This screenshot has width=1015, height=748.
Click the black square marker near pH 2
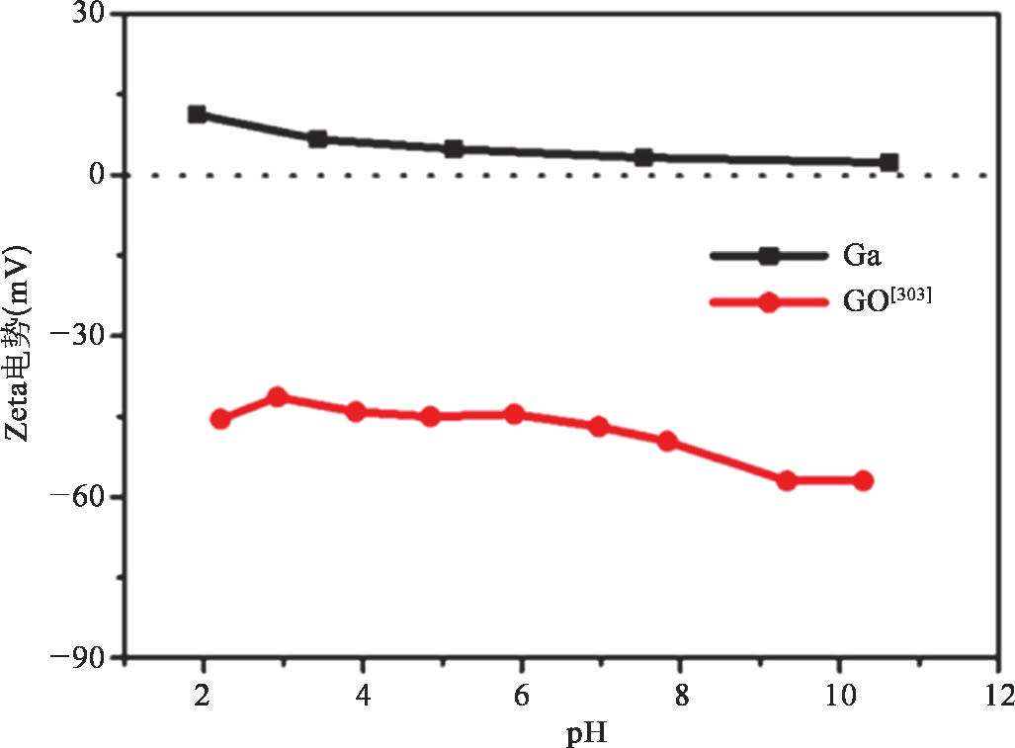tap(198, 115)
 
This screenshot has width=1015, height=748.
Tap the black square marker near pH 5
tap(454, 149)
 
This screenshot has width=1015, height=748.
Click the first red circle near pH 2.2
tap(220, 419)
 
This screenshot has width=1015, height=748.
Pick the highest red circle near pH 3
tap(278, 397)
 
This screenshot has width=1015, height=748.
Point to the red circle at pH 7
tap(598, 427)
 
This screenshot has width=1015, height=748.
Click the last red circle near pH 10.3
tap(863, 480)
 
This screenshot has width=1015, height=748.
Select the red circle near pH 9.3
tap(787, 480)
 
